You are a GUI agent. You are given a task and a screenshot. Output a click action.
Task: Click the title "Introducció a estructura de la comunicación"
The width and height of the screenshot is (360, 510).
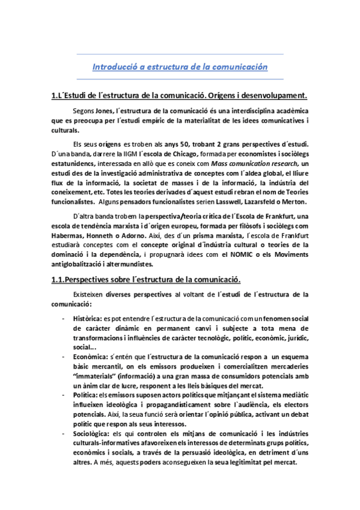pyautogui.click(x=180, y=67)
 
